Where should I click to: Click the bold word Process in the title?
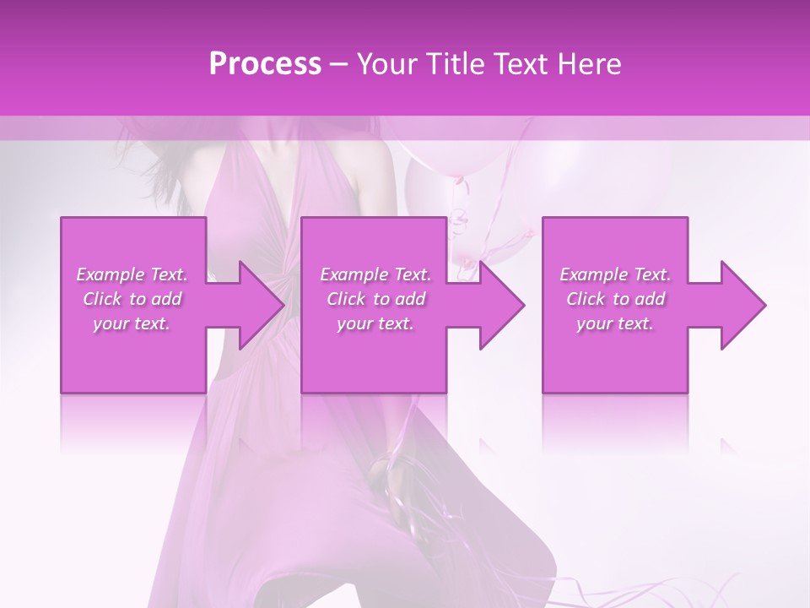pyautogui.click(x=265, y=64)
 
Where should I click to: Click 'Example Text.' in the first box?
pyautogui.click(x=132, y=274)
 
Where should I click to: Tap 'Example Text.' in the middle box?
pyautogui.click(x=375, y=274)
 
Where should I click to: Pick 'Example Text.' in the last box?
pyautogui.click(x=615, y=274)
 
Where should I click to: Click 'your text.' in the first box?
pyautogui.click(x=132, y=323)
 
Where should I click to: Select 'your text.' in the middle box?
pyautogui.click(x=375, y=323)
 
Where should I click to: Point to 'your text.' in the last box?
pyautogui.click(x=615, y=323)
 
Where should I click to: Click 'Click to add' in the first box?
pyautogui.click(x=132, y=299)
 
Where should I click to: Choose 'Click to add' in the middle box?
pyautogui.click(x=375, y=299)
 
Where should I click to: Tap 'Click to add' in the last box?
pyautogui.click(x=615, y=299)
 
